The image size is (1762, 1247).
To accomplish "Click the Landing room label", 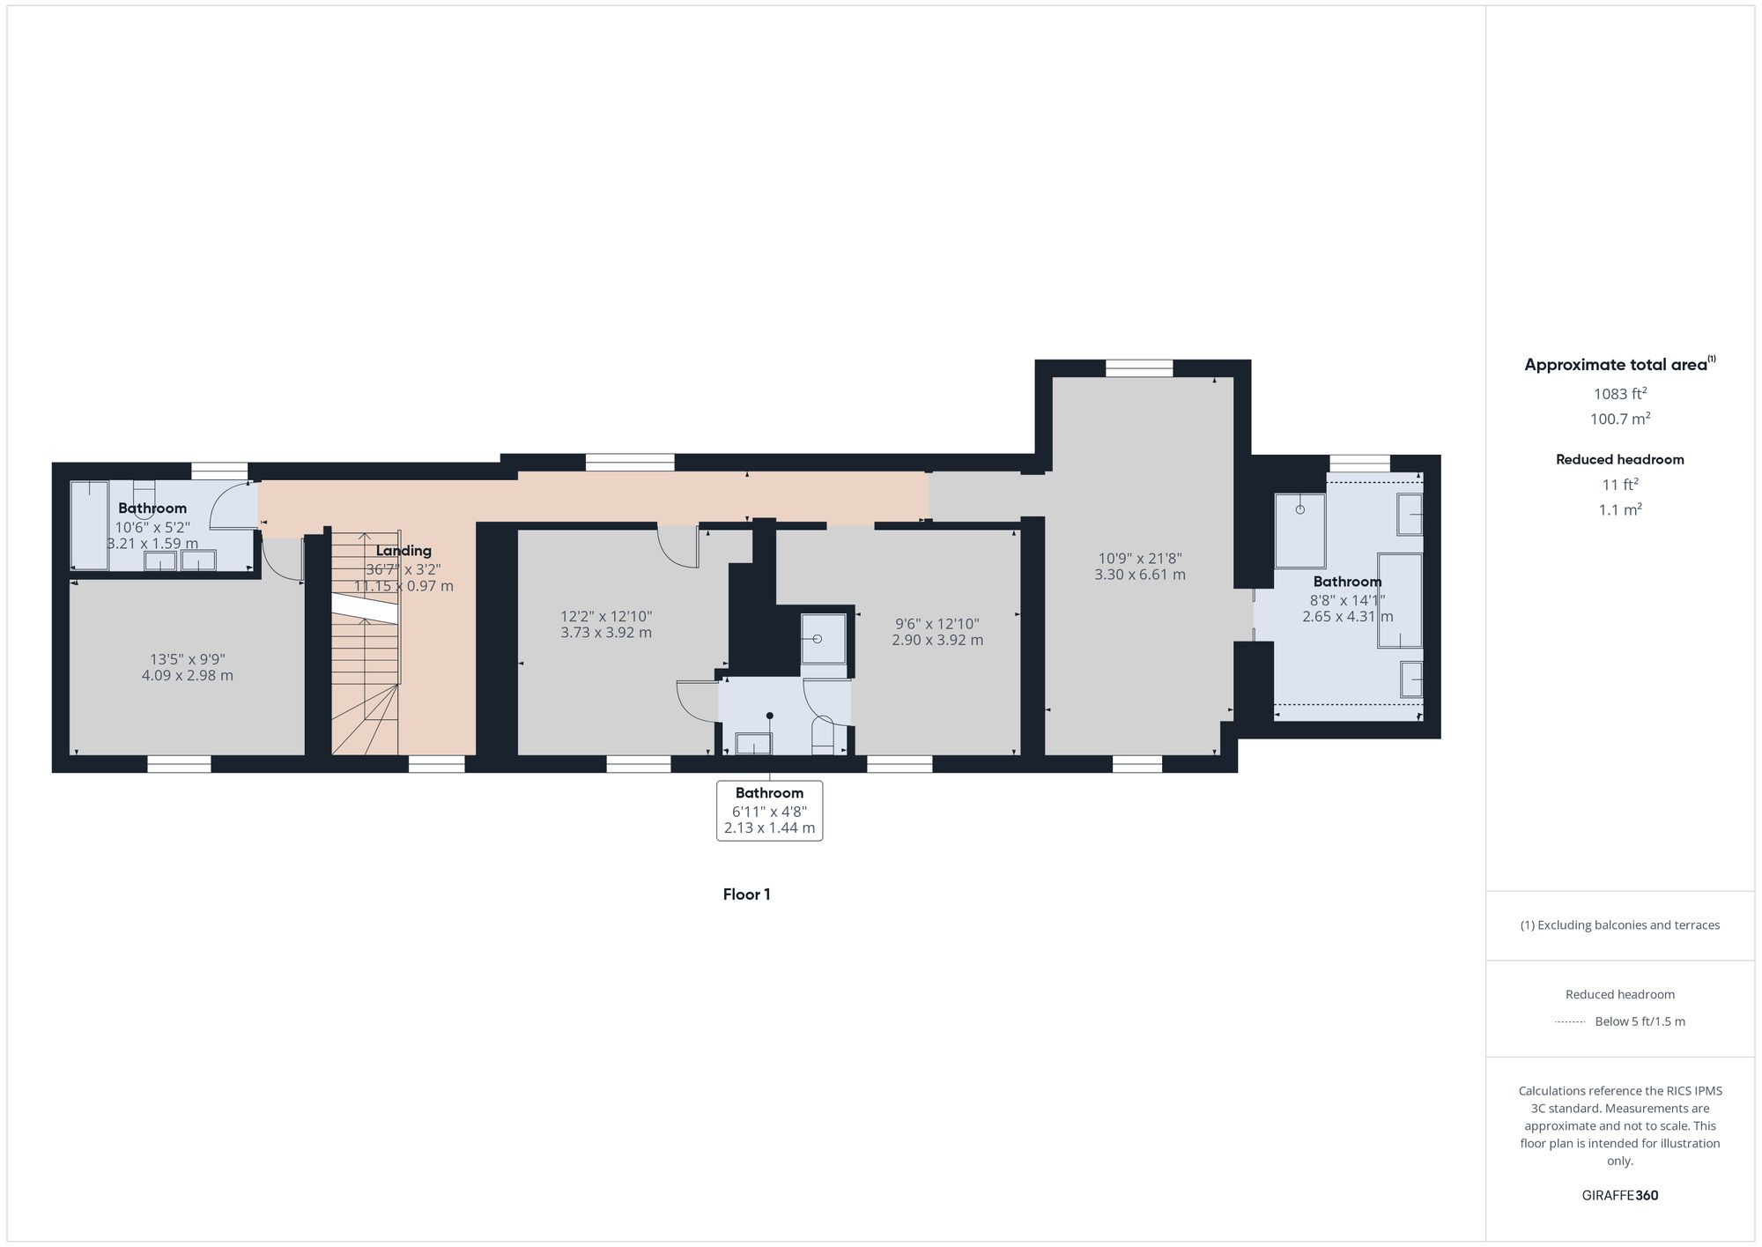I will coord(403,551).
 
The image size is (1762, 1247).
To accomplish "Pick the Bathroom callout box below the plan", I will coord(769,810).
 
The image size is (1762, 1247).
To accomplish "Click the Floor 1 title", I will coord(746,894).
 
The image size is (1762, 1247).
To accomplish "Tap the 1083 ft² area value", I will coord(1620,394).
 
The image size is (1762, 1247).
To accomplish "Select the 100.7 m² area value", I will coord(1620,419).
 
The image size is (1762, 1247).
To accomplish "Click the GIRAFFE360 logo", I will coord(1620,1196).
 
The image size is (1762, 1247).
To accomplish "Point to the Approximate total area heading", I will coord(1619,365).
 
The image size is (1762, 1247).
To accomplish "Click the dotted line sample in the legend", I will coord(1570,1022).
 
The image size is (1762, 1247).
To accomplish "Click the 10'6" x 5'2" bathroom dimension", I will coord(152,527).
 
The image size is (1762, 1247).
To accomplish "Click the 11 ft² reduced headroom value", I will coord(1620,485).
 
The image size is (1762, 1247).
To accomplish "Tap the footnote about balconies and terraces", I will coord(1620,925).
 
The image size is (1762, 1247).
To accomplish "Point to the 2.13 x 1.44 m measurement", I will coord(769,828).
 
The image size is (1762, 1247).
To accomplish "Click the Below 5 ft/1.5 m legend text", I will coord(1640,1022).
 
